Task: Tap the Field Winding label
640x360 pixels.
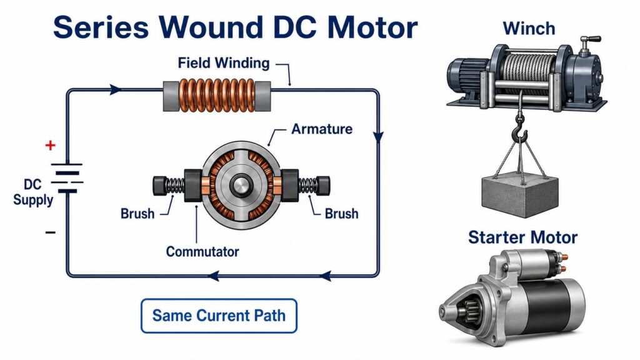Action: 224,63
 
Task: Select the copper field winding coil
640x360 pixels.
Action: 217,96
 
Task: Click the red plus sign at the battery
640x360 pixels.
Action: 50,145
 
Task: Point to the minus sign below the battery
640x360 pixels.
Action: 50,232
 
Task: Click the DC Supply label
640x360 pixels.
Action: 33,192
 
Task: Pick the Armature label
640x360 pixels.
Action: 322,129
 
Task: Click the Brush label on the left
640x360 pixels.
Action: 137,214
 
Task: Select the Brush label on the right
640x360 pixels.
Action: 341,214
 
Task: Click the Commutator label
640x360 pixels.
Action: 202,251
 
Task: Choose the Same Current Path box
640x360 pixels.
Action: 219,316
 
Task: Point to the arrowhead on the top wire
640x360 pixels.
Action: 116,90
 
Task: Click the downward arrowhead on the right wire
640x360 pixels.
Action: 378,137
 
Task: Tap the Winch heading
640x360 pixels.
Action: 529,29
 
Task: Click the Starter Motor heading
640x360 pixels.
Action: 523,237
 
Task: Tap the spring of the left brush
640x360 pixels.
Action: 175,186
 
